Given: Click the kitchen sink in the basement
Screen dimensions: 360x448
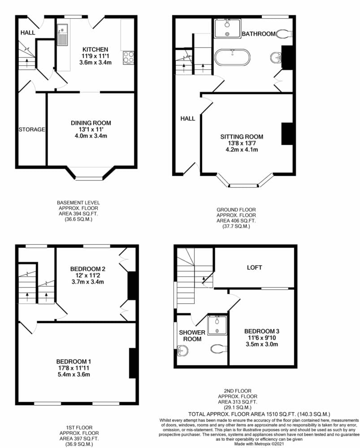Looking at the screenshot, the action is tap(62, 34).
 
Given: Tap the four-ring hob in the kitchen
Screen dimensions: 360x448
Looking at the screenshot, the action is tap(128, 57).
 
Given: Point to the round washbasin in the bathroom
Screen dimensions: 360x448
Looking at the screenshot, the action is tap(276, 57).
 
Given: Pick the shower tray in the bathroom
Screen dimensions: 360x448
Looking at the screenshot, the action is tap(228, 28).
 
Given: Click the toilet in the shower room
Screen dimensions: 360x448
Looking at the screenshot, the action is tap(219, 349).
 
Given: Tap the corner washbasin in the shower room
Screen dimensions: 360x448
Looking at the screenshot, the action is tap(182, 351).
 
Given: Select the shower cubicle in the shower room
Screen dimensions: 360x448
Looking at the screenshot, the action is tap(217, 325).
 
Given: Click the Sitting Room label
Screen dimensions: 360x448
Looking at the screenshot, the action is tap(242, 137).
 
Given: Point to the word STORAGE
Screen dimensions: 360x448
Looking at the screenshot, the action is tap(32, 129).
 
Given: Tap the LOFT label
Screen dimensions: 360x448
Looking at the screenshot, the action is tap(254, 267).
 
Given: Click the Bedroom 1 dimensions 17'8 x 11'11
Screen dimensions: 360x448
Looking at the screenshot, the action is tap(74, 368).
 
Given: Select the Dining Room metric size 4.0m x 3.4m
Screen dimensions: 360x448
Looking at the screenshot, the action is tap(91, 136).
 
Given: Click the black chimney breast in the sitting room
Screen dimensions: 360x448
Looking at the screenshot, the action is tap(287, 134).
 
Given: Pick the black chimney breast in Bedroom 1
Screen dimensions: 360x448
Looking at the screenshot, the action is tap(133, 363).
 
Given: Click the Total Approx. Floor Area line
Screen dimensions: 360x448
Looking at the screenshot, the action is tap(259, 414).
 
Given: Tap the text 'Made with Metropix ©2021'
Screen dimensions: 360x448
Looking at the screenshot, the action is tap(259, 444).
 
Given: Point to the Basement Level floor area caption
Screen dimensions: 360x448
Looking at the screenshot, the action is tap(78, 211).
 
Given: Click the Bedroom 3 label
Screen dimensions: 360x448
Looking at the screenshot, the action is tap(262, 331).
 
